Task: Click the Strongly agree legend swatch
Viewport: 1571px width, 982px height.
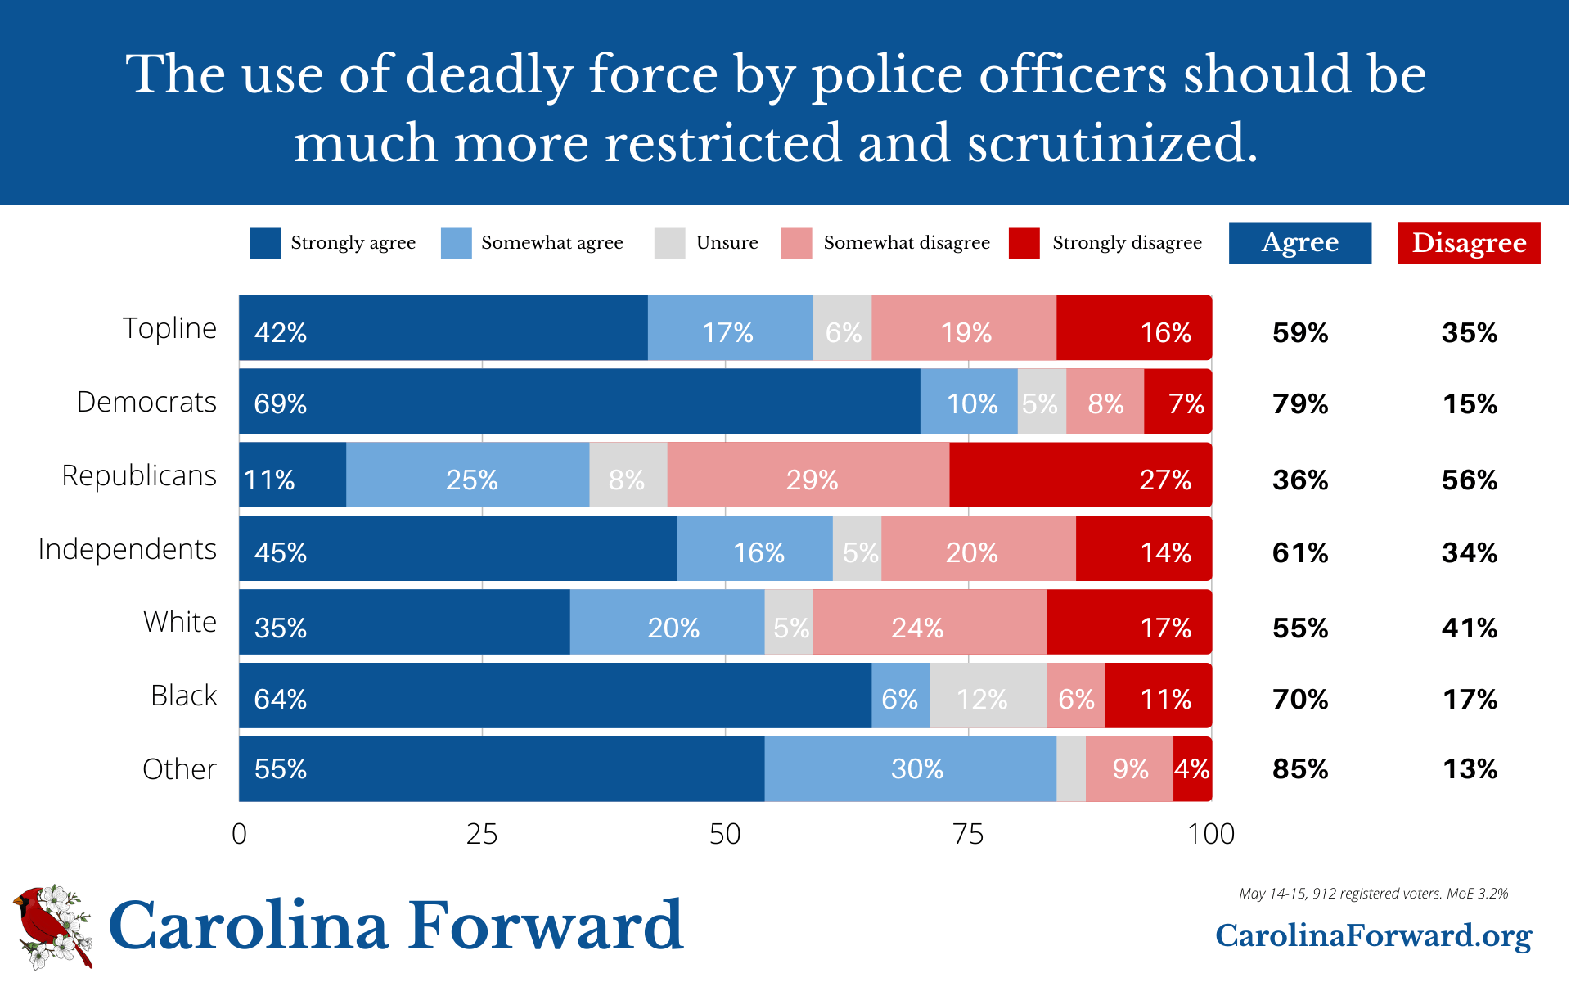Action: (x=265, y=243)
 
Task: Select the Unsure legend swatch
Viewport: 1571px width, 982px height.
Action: (x=669, y=243)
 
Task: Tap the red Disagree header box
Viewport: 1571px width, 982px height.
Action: (x=1469, y=243)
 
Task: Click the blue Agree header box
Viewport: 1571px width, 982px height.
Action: (x=1299, y=243)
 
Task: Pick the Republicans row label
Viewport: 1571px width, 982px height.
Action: (x=139, y=475)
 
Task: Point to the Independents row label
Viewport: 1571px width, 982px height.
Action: (x=127, y=549)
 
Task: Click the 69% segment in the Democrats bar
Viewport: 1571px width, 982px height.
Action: (x=579, y=402)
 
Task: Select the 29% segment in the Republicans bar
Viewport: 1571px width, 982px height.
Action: (x=808, y=475)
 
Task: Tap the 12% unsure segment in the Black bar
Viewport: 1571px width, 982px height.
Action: (x=988, y=696)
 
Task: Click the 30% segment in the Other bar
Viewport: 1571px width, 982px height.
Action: (x=911, y=769)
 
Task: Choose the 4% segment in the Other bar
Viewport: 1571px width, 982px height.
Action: (x=1192, y=769)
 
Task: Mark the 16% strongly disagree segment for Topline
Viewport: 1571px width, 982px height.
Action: (x=1133, y=328)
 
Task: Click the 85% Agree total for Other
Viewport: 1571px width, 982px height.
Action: (x=1300, y=769)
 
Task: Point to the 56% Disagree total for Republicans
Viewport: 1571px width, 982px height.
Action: (x=1470, y=480)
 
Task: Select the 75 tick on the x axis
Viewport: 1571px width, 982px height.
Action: (x=968, y=834)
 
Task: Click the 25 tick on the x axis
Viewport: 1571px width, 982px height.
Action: (x=482, y=834)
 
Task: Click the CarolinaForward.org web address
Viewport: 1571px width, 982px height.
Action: (x=1373, y=935)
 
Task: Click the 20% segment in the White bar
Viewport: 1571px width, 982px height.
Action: (x=668, y=623)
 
